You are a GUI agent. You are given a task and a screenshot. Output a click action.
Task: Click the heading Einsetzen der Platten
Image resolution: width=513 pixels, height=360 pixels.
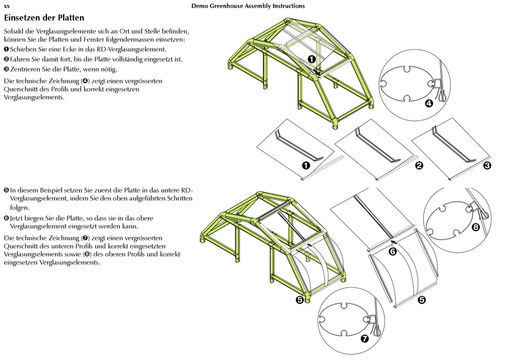[44, 18]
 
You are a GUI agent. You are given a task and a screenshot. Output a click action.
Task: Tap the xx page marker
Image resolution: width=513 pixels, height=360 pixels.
[7, 6]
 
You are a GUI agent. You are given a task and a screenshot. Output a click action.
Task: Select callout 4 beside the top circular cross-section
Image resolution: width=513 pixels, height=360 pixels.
[429, 104]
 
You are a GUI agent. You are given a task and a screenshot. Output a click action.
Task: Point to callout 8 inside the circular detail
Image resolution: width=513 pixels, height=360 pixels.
[476, 227]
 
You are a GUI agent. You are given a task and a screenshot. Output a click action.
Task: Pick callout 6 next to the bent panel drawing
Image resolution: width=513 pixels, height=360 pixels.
[393, 252]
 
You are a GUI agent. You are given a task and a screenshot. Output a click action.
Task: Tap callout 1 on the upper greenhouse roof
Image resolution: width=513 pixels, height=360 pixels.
[312, 59]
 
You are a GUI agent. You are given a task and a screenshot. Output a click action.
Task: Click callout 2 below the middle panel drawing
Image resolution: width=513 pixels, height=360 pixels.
[418, 166]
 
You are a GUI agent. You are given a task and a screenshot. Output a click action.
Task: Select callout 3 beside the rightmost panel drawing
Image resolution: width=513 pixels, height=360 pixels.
[487, 166]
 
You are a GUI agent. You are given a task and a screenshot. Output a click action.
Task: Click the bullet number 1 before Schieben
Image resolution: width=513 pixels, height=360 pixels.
[6, 50]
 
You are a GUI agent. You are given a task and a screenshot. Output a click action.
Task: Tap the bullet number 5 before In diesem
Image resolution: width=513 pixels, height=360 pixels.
[6, 190]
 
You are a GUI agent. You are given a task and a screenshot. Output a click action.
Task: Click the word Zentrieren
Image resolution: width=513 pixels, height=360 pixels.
[26, 69]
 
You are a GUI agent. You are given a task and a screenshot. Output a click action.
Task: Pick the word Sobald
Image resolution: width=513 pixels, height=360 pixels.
[14, 31]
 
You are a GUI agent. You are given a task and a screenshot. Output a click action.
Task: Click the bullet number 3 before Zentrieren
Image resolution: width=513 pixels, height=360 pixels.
[6, 69]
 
